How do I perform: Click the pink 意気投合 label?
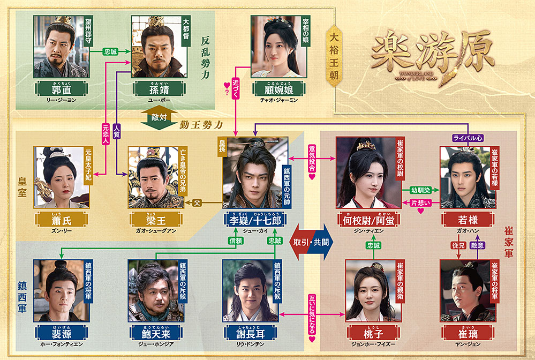[312, 157]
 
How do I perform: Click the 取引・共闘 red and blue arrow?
[311, 242]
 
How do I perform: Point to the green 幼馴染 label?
[420, 190]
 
